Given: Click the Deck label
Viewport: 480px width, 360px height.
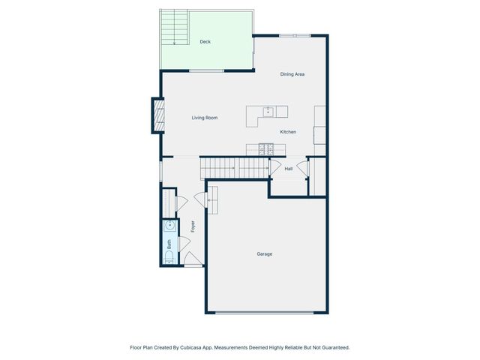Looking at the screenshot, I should tap(205, 42).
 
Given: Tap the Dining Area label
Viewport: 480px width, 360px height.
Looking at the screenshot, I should tap(292, 74).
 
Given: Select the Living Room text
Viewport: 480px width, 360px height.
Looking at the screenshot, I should tap(204, 118).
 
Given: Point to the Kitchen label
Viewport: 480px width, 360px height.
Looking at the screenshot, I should tap(288, 132).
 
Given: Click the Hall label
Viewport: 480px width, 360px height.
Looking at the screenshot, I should tap(289, 169).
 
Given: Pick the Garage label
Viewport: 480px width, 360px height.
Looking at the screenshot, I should tap(265, 254).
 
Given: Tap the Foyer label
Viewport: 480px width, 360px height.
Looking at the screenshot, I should tap(193, 226).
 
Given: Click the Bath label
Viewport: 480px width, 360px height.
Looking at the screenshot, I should tap(169, 244).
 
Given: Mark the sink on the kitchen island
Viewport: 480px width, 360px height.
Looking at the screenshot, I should tap(268, 112).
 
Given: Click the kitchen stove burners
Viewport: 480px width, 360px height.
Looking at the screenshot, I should tap(266, 148).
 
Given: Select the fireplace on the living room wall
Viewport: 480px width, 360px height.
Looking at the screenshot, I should tap(157, 115).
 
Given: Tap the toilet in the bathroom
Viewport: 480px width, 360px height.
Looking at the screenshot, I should tap(169, 258).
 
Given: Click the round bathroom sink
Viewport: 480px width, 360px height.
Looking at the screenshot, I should tap(169, 224).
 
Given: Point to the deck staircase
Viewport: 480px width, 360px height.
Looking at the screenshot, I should tap(175, 28).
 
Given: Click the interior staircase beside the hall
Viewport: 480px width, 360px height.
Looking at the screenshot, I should tap(234, 168).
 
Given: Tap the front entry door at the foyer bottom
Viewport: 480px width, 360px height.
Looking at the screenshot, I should tap(192, 264).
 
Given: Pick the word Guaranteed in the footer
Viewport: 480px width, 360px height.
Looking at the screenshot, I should tap(334, 348).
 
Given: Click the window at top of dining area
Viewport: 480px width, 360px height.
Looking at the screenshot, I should tap(294, 35).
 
